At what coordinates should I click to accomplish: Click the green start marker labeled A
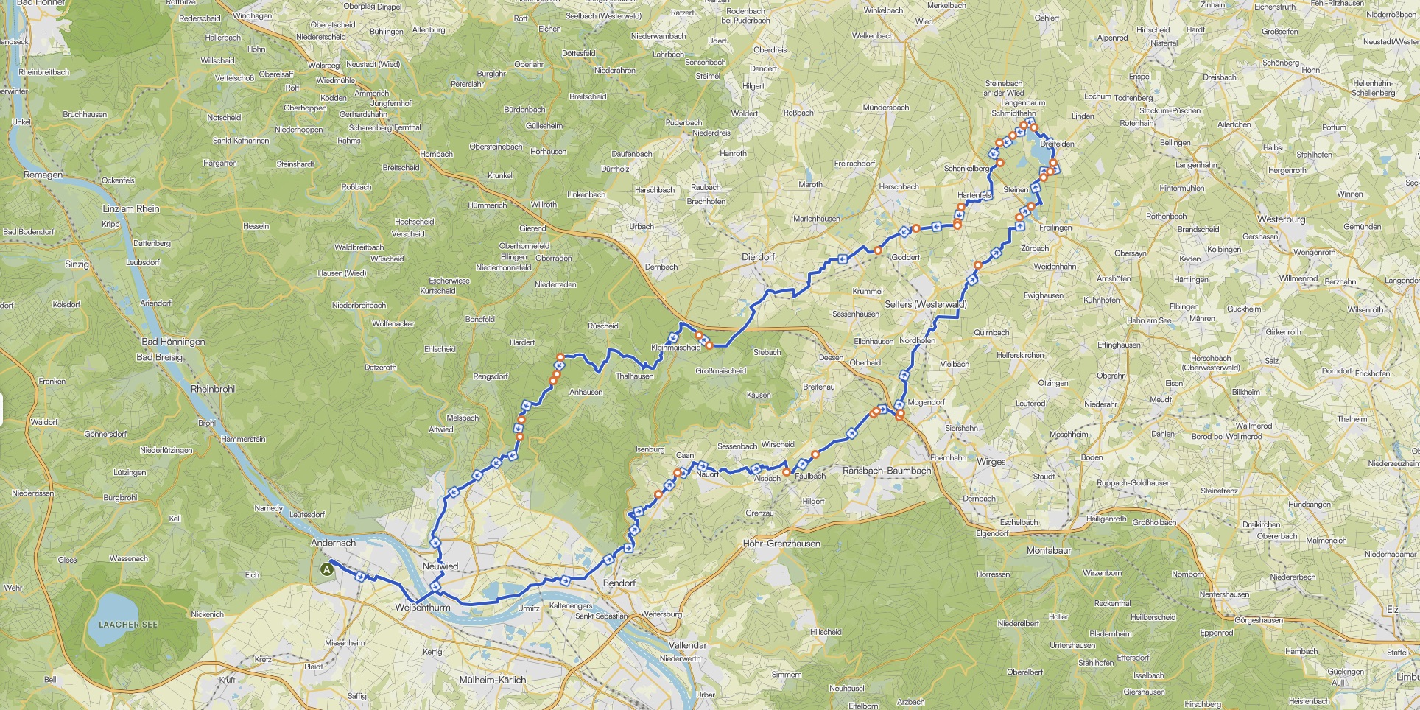327,569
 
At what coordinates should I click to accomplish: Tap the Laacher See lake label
128,624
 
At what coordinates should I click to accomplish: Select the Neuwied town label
440,566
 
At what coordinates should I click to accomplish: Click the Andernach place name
333,543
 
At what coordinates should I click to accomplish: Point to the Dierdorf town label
758,257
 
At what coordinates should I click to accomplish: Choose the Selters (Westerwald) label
925,304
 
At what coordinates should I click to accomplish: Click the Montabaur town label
1049,550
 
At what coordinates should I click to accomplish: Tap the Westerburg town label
1281,219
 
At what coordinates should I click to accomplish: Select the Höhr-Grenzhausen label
781,544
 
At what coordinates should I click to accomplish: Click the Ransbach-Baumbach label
887,471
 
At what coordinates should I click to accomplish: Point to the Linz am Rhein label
131,208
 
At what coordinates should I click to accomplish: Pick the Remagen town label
43,175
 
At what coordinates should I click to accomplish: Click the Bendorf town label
619,583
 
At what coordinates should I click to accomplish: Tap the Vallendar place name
687,644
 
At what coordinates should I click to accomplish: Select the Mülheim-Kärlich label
493,680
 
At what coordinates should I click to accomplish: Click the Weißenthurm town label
422,608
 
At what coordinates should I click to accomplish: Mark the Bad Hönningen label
173,342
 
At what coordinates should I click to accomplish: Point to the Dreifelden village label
1057,144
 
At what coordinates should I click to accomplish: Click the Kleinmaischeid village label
676,348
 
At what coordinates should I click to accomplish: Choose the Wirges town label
991,462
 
